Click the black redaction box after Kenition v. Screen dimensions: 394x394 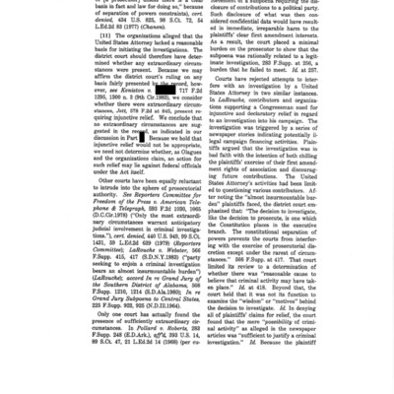[x=165, y=90]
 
